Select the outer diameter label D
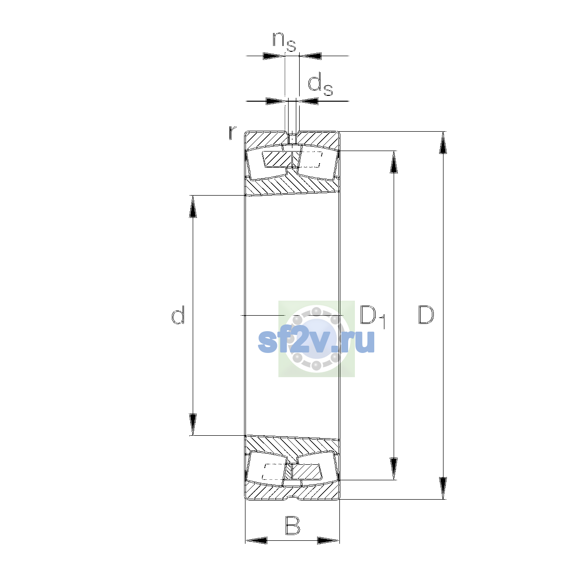coord(426,315)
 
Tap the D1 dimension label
coord(373,317)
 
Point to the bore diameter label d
coord(178,315)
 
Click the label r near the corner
coord(232,133)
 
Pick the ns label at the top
coord(284,42)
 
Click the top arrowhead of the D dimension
coord(443,143)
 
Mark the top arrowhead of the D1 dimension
coord(394,162)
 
